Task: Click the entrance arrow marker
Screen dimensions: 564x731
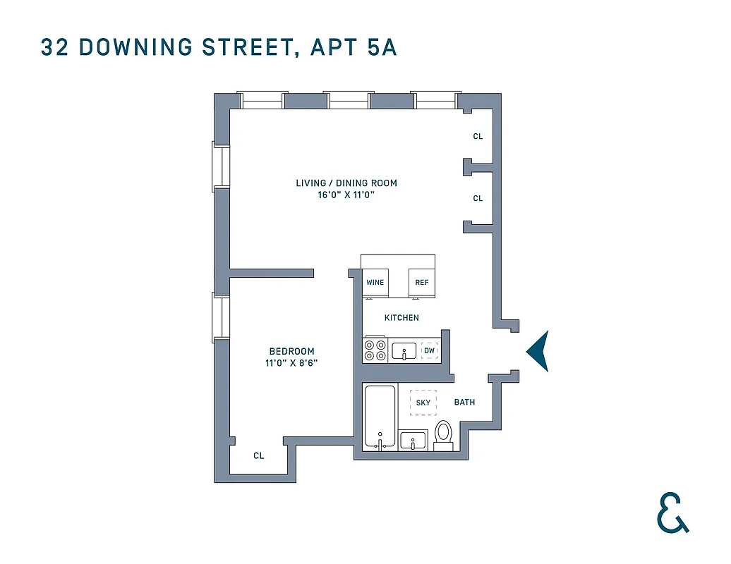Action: click(539, 351)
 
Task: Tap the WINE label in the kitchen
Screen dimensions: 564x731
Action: click(375, 283)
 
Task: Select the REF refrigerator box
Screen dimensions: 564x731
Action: click(422, 283)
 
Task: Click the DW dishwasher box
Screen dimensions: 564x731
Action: click(429, 350)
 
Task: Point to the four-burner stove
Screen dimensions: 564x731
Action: click(375, 350)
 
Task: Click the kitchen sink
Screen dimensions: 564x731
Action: click(404, 350)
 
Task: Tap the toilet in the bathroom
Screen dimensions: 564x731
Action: click(443, 434)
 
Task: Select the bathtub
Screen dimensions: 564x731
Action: click(380, 417)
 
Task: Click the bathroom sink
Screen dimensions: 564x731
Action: click(413, 441)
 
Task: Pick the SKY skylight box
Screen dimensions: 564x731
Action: click(423, 403)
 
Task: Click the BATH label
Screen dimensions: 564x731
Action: click(464, 403)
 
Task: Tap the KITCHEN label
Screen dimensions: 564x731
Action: click(401, 318)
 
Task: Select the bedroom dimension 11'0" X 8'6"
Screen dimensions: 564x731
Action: click(291, 364)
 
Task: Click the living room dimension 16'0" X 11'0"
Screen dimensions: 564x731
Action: click(346, 195)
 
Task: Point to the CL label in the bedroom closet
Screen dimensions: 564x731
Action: click(259, 456)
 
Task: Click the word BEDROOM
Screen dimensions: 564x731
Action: click(291, 351)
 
